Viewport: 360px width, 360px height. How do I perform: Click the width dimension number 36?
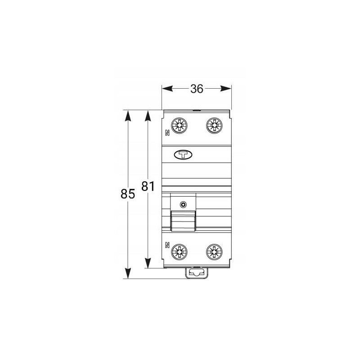[x=197, y=89]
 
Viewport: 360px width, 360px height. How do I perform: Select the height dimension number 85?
[x=128, y=194]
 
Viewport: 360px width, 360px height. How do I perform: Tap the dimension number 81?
[x=148, y=186]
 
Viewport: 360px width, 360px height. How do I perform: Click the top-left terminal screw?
[x=179, y=126]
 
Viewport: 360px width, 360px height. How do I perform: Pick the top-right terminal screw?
[x=214, y=126]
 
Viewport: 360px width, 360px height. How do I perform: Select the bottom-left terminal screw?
[x=179, y=252]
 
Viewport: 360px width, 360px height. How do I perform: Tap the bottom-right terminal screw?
[x=214, y=252]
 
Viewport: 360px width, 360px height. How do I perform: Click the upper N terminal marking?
[x=167, y=133]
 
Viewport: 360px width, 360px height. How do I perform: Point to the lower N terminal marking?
[x=167, y=245]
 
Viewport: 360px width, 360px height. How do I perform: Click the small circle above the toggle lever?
[x=183, y=205]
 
